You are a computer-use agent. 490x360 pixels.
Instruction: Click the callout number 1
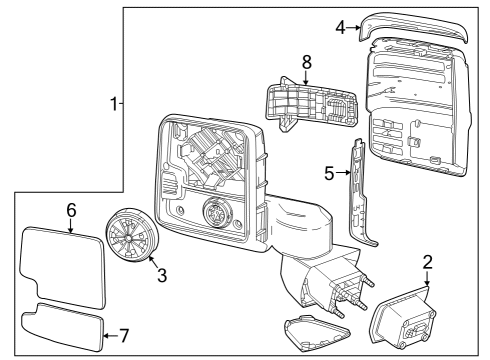click(x=114, y=103)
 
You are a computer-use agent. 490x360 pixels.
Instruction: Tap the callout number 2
click(x=427, y=263)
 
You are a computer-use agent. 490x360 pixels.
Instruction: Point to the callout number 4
click(x=341, y=27)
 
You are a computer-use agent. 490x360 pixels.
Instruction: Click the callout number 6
click(x=71, y=210)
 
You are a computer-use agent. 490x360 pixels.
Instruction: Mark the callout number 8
click(x=307, y=63)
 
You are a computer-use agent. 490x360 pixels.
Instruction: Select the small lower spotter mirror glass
click(x=62, y=327)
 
